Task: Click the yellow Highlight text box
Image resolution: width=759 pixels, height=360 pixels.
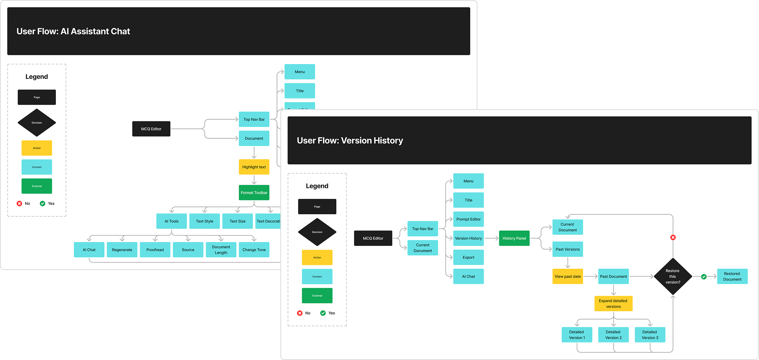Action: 254,167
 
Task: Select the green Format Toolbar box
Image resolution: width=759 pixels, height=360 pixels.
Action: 254,193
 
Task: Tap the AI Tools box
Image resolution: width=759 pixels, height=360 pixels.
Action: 172,221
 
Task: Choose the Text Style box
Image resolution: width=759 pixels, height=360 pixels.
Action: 205,221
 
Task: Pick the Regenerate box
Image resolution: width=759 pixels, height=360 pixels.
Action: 122,250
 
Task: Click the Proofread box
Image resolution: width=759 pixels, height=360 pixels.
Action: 155,250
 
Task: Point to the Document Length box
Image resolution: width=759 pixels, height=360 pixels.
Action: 221,250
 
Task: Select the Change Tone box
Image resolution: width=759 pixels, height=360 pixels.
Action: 254,250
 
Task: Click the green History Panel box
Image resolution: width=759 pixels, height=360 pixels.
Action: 514,238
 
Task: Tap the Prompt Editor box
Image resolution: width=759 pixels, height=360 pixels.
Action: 468,219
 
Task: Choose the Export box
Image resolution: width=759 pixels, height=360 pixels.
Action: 468,257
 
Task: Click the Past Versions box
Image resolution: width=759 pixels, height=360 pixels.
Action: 567,249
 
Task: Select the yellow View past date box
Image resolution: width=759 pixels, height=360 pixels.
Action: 567,276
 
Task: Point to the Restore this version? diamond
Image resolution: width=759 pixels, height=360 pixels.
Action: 673,276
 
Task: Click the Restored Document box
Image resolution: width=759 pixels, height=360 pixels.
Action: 732,276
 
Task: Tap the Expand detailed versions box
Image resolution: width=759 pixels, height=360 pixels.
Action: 613,303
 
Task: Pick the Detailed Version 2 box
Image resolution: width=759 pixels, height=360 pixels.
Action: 613,335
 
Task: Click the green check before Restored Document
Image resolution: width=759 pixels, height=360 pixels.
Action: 704,276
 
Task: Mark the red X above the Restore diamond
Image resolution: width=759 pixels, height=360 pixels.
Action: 673,237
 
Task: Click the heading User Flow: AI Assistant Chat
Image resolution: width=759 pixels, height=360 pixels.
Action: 73,31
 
